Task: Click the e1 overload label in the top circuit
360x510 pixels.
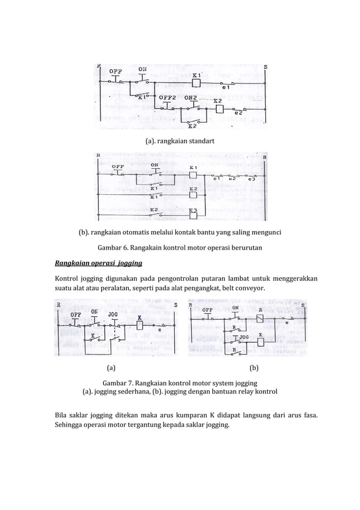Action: click(226, 88)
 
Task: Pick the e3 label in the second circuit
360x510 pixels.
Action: click(251, 180)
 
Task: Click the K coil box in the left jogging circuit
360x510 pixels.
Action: click(139, 326)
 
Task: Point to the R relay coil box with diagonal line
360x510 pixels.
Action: click(260, 317)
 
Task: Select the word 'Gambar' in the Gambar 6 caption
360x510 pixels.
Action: click(111, 248)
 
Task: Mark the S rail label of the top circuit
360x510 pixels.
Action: click(266, 66)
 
